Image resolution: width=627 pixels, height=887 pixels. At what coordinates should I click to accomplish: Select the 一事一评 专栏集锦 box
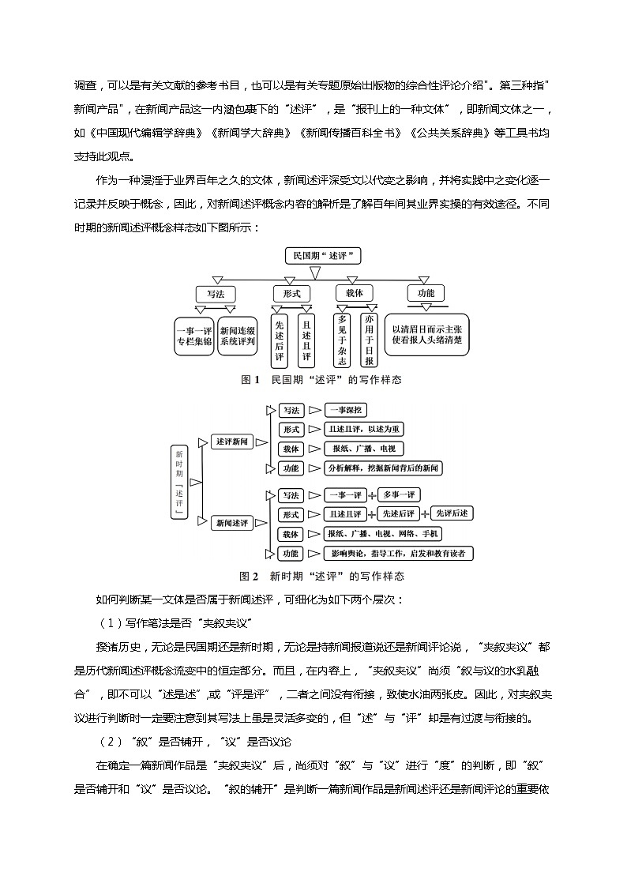[193, 336]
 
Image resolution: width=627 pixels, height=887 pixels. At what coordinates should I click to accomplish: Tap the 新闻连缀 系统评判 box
[238, 336]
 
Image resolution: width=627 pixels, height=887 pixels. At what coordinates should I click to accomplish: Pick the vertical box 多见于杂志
[343, 340]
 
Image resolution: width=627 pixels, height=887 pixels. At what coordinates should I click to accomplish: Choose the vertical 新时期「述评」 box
[179, 482]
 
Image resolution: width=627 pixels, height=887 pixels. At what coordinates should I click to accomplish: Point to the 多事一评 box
[397, 495]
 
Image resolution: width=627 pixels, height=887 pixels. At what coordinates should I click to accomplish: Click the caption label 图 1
[250, 380]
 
